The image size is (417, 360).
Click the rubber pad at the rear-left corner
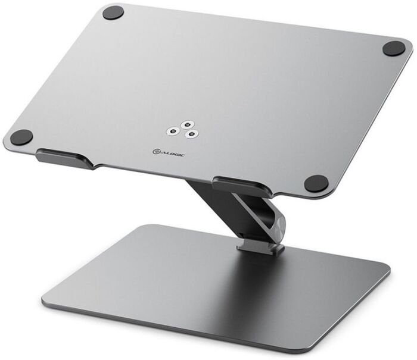[x=113, y=12]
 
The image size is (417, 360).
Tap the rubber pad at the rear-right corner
[x=394, y=48]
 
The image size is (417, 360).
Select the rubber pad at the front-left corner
[x=21, y=137]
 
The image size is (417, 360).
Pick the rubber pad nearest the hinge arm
[x=316, y=184]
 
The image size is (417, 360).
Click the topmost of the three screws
[x=188, y=124]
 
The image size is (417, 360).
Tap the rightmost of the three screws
[x=191, y=134]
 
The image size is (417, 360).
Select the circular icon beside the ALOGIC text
[x=156, y=152]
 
